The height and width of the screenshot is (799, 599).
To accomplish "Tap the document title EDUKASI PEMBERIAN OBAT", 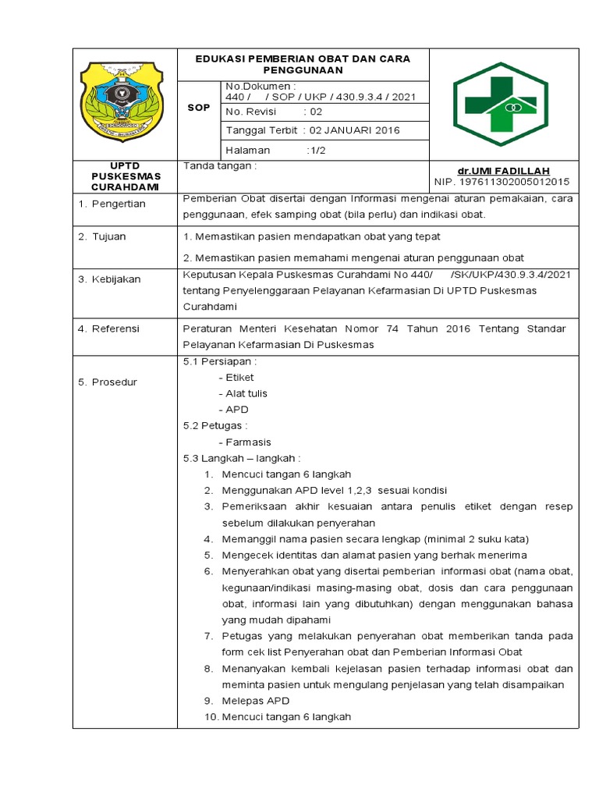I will click(x=303, y=64).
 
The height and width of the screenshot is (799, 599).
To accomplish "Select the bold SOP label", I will click(x=199, y=107).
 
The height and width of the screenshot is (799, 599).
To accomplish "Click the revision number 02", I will click(x=316, y=112).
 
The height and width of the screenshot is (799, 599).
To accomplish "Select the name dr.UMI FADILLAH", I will click(x=504, y=171).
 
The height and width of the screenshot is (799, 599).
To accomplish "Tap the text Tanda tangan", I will click(x=219, y=165).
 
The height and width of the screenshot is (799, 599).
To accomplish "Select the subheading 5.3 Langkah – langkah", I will click(x=241, y=457).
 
